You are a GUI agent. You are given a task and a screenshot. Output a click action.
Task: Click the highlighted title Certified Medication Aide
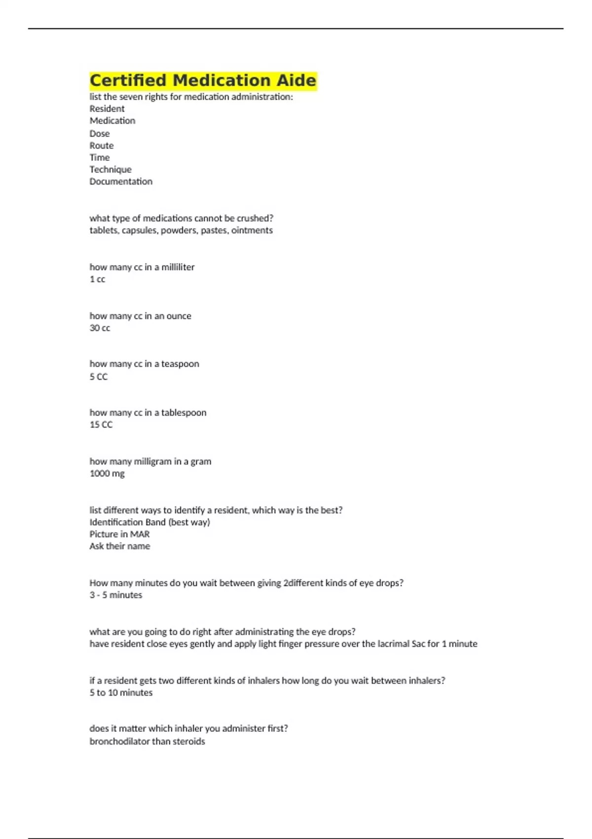[x=203, y=80]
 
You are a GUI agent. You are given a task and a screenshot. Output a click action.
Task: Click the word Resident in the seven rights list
[x=107, y=109]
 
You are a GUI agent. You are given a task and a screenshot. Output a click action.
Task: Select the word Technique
[x=111, y=169]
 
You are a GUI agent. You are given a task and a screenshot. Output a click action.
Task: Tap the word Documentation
[x=121, y=181]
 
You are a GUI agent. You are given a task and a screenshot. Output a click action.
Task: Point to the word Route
[x=102, y=146]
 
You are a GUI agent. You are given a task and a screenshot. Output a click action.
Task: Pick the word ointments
[x=252, y=230]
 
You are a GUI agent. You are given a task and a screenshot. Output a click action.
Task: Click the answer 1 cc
[x=97, y=279]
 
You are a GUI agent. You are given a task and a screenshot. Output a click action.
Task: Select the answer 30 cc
[x=100, y=328]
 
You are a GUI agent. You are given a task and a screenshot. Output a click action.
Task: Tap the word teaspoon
[x=180, y=364]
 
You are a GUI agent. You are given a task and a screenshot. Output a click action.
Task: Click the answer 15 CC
[x=101, y=424]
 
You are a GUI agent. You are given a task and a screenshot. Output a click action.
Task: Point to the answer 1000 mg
[x=107, y=473]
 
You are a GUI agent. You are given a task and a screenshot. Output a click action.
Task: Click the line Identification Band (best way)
[x=149, y=522]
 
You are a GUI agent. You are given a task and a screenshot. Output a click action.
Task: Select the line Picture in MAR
[x=119, y=534]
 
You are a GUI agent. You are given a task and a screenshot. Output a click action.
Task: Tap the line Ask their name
[x=120, y=546]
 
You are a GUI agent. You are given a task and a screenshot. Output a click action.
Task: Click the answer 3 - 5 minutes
[x=116, y=595]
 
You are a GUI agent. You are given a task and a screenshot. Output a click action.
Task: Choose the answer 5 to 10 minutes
[x=121, y=692]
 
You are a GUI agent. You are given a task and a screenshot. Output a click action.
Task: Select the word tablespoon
[x=184, y=413]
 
